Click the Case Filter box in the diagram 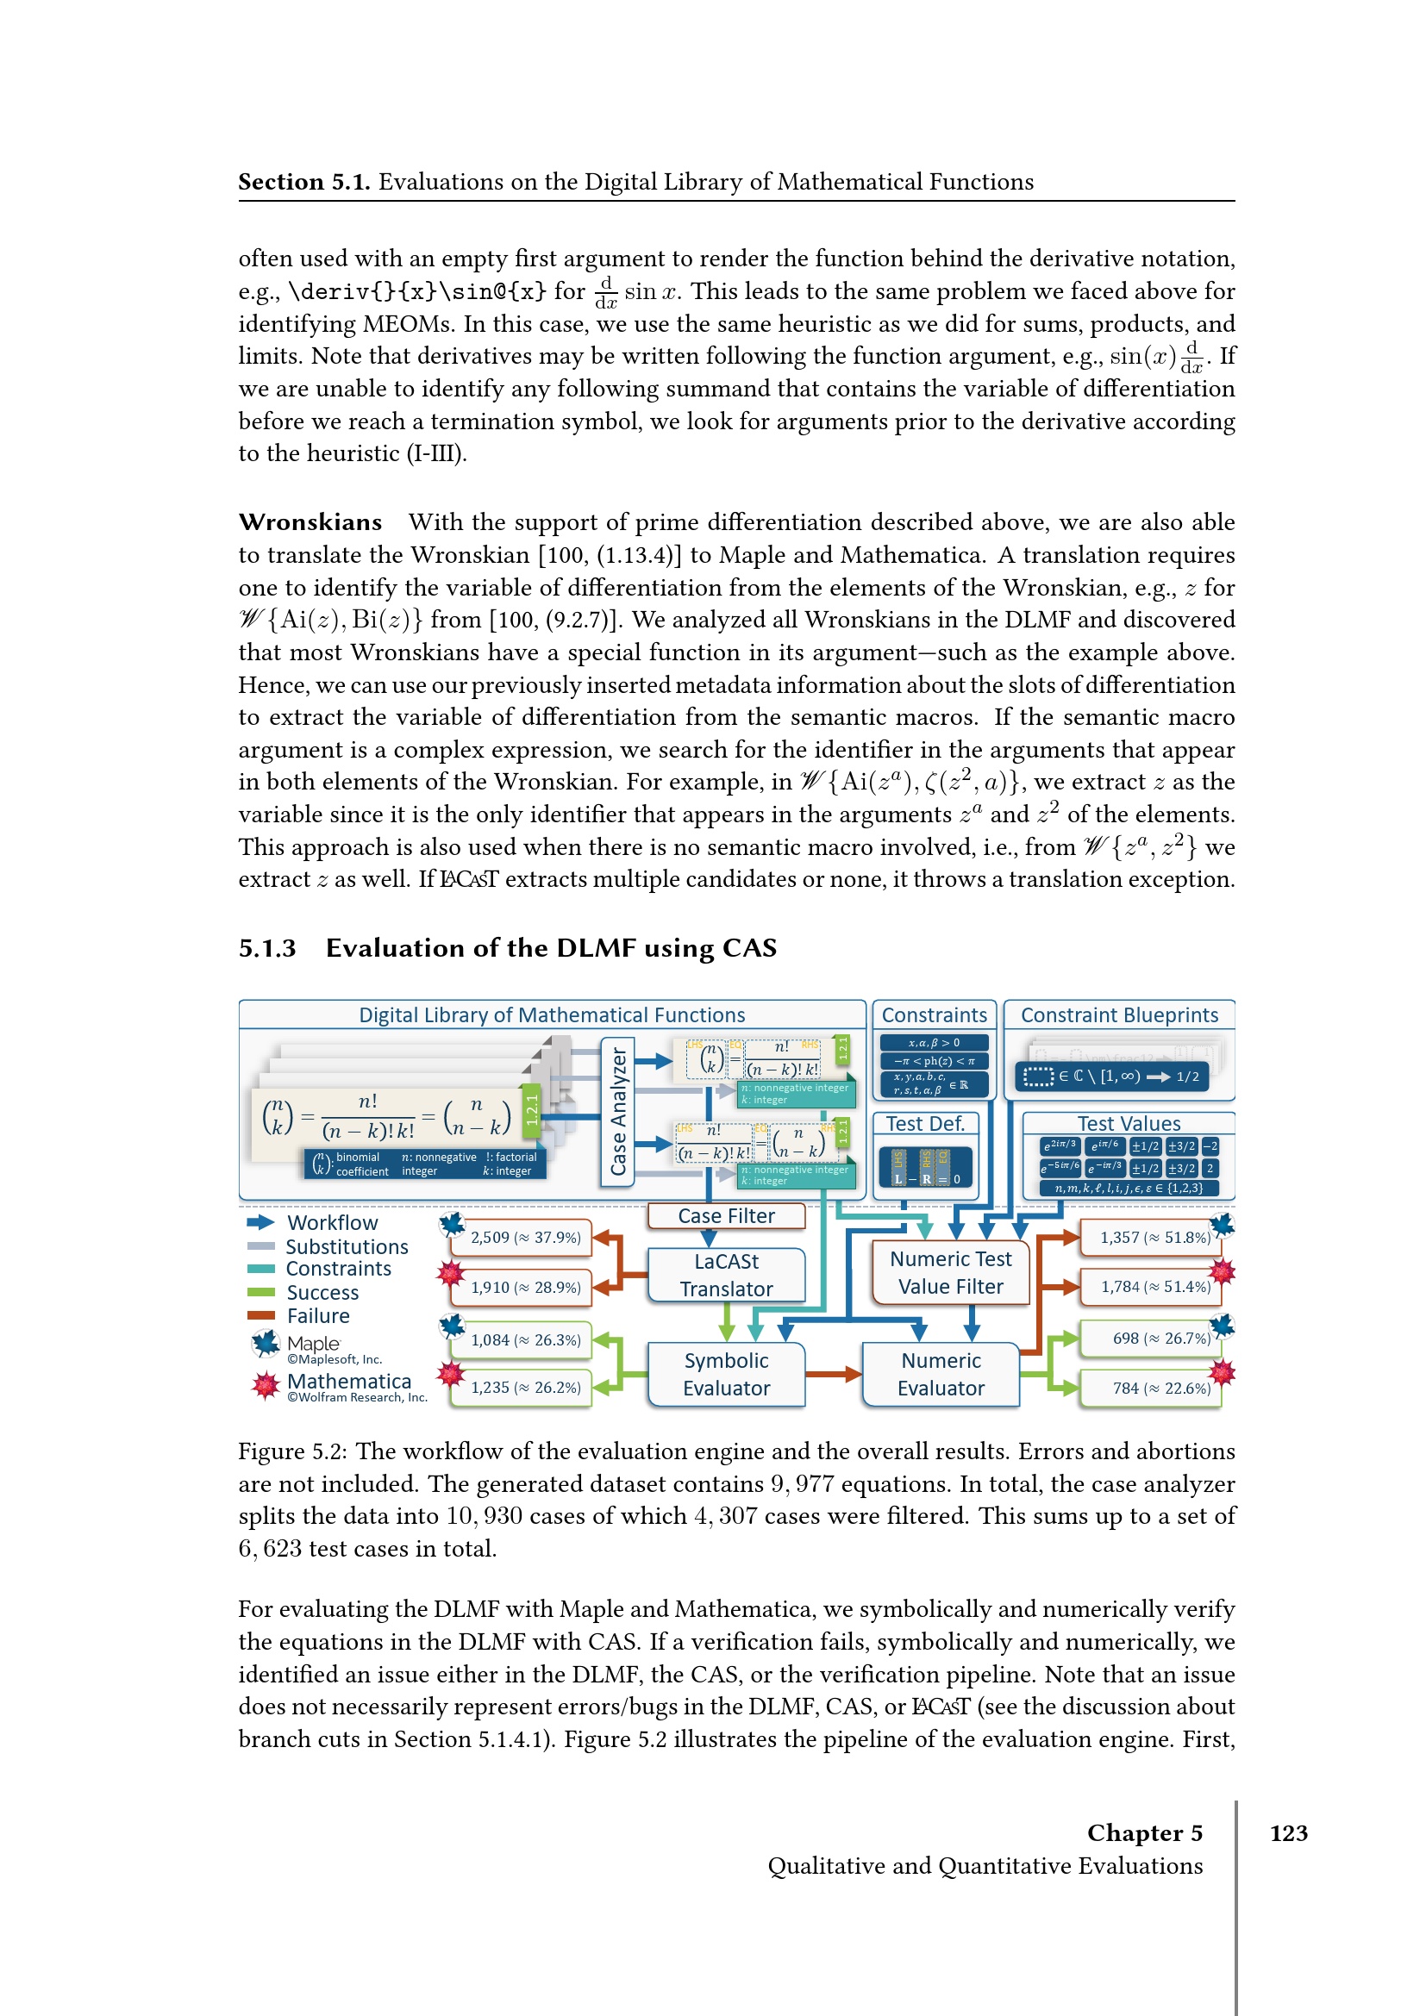click(725, 1215)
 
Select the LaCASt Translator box click(725, 1275)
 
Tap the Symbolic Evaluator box click(725, 1374)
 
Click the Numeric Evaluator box click(941, 1374)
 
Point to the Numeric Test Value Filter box click(950, 1272)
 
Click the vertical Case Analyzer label click(618, 1111)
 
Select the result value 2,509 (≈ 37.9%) click(525, 1237)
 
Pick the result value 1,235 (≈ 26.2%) click(525, 1388)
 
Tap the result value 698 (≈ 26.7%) click(1160, 1339)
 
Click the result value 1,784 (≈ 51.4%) click(1154, 1286)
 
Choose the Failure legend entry click(317, 1315)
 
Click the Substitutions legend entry click(346, 1247)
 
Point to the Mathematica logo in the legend click(266, 1386)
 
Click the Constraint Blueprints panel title click(1119, 1015)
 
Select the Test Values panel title click(1129, 1124)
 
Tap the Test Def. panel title click(924, 1124)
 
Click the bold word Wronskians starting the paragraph click(310, 522)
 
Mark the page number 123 click(1288, 1832)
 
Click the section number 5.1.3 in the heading click(267, 948)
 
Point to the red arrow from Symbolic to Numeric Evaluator click(833, 1374)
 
